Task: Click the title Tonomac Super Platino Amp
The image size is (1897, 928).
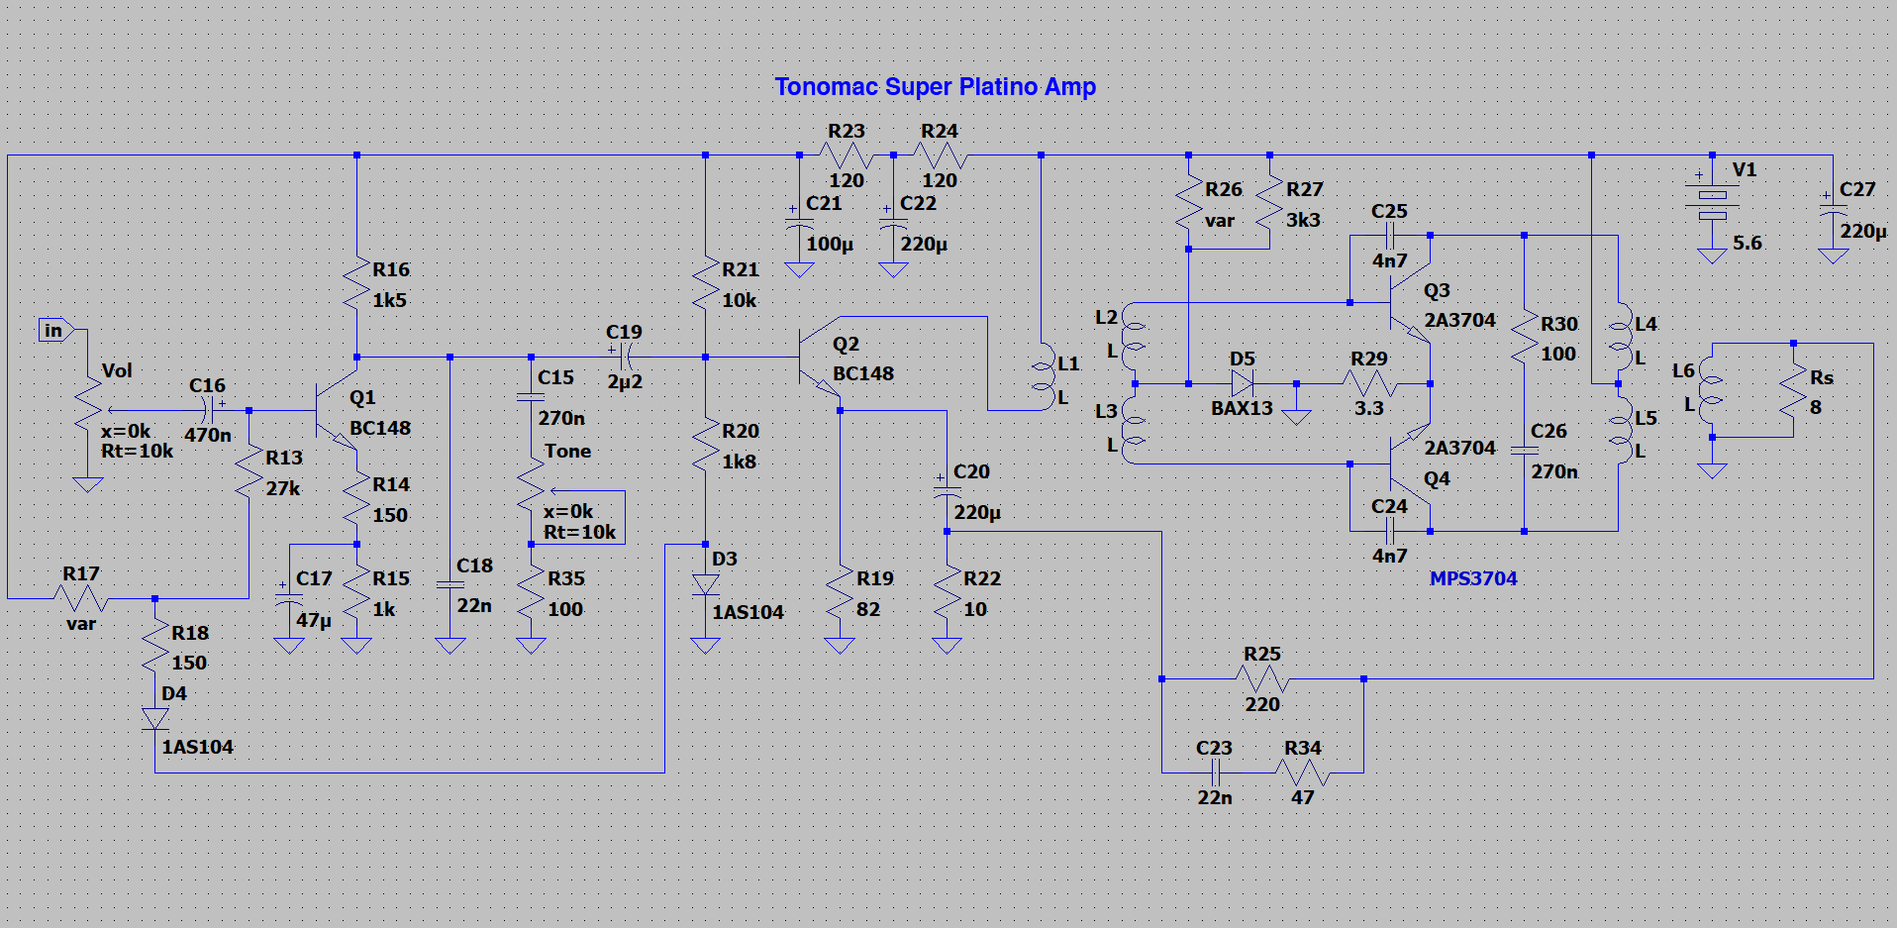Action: (935, 87)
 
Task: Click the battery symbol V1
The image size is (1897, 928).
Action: (1712, 203)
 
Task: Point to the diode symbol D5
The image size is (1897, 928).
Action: (1242, 383)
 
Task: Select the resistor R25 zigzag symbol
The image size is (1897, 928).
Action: (1262, 678)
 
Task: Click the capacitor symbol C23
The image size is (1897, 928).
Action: (1215, 773)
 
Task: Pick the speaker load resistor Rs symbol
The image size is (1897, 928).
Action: (1793, 392)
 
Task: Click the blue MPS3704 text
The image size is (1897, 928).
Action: (1472, 578)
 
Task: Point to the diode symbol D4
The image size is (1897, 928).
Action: (154, 719)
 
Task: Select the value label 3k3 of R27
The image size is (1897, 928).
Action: (1303, 220)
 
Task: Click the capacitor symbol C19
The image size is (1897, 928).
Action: (625, 357)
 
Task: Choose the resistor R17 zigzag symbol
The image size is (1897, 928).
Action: (81, 598)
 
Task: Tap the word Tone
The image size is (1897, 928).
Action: (567, 452)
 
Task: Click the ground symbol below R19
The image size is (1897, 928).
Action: (840, 646)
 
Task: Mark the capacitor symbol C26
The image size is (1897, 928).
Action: (1524, 451)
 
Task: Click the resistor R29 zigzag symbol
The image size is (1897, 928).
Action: (1369, 383)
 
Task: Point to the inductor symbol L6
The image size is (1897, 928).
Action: (1711, 389)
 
